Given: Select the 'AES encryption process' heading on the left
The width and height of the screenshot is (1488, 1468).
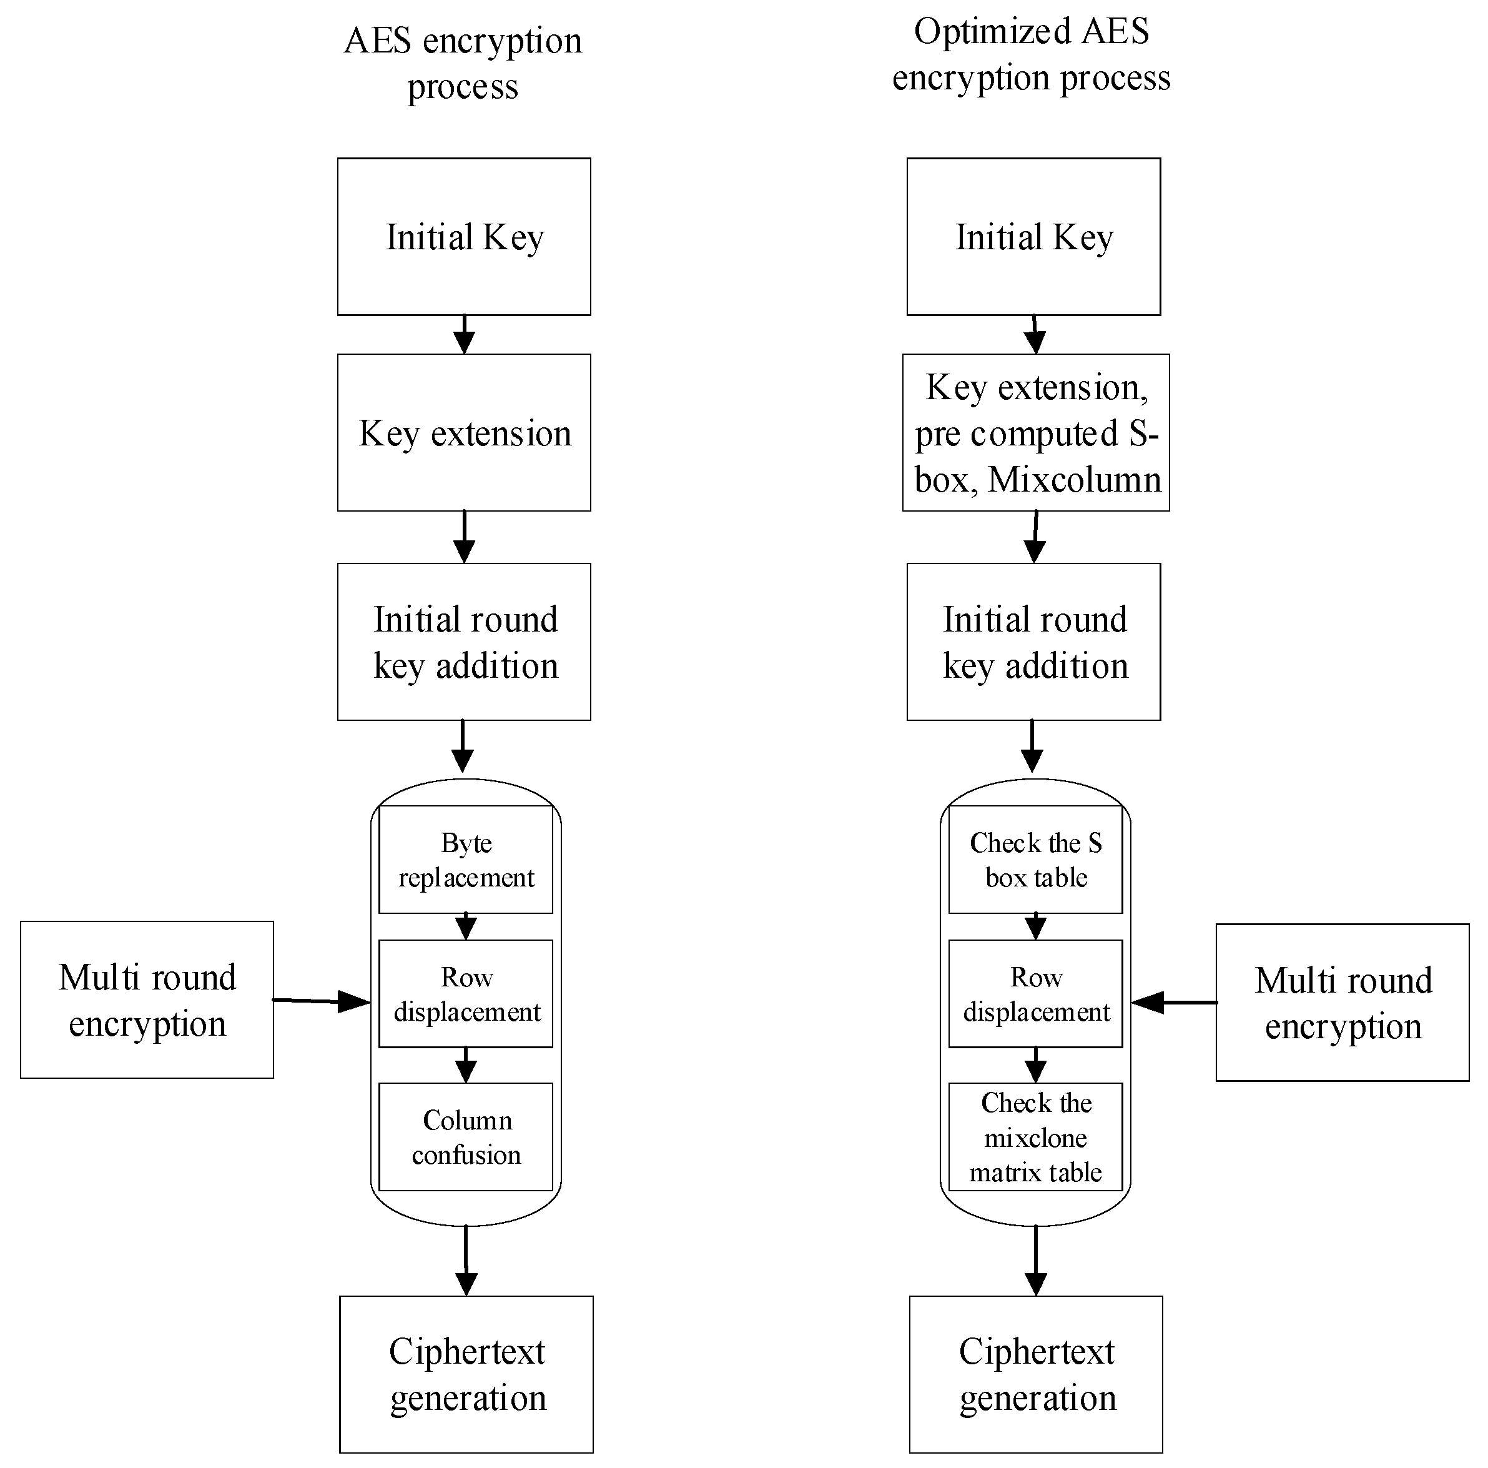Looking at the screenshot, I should pyautogui.click(x=462, y=63).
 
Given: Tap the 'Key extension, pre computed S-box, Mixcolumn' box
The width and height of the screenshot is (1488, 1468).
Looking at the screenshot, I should pyautogui.click(x=1035, y=432).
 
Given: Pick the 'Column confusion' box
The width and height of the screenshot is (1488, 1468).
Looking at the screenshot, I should pyautogui.click(x=465, y=1137).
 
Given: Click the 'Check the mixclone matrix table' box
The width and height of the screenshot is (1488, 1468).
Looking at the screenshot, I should pyautogui.click(x=1035, y=1137).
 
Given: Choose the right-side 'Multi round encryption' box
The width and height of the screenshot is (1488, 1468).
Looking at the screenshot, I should pyautogui.click(x=1343, y=1003).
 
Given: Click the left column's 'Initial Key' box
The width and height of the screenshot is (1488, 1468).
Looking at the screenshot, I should pyautogui.click(x=464, y=237).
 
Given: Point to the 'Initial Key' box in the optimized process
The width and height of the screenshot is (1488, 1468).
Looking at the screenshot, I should pyautogui.click(x=1033, y=237).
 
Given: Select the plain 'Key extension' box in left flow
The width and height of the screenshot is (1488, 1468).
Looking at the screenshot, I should pyautogui.click(x=464, y=432).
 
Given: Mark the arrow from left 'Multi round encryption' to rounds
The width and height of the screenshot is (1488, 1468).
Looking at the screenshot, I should pyautogui.click(x=322, y=1000).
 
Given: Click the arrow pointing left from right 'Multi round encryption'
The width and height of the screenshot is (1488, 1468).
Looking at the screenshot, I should pyautogui.click(x=1174, y=1002).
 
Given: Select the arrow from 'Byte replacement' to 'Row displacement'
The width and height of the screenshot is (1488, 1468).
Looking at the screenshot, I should pyautogui.click(x=465, y=926).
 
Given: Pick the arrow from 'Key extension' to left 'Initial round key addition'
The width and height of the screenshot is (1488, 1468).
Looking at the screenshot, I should pyautogui.click(x=464, y=537).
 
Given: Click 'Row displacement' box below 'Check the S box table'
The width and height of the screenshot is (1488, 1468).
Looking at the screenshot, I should pyautogui.click(x=1035, y=993).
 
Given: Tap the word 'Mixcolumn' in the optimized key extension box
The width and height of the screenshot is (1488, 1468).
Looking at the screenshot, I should pyautogui.click(x=1075, y=479).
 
